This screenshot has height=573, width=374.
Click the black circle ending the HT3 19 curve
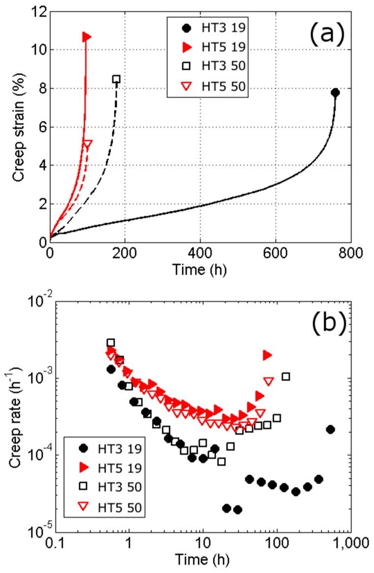335,92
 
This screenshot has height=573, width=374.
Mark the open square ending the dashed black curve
116,79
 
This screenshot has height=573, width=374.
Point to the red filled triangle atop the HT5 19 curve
87,36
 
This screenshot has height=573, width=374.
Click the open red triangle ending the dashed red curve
87,143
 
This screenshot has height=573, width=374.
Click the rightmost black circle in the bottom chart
330,429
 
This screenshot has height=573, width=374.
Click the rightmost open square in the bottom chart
286,376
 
